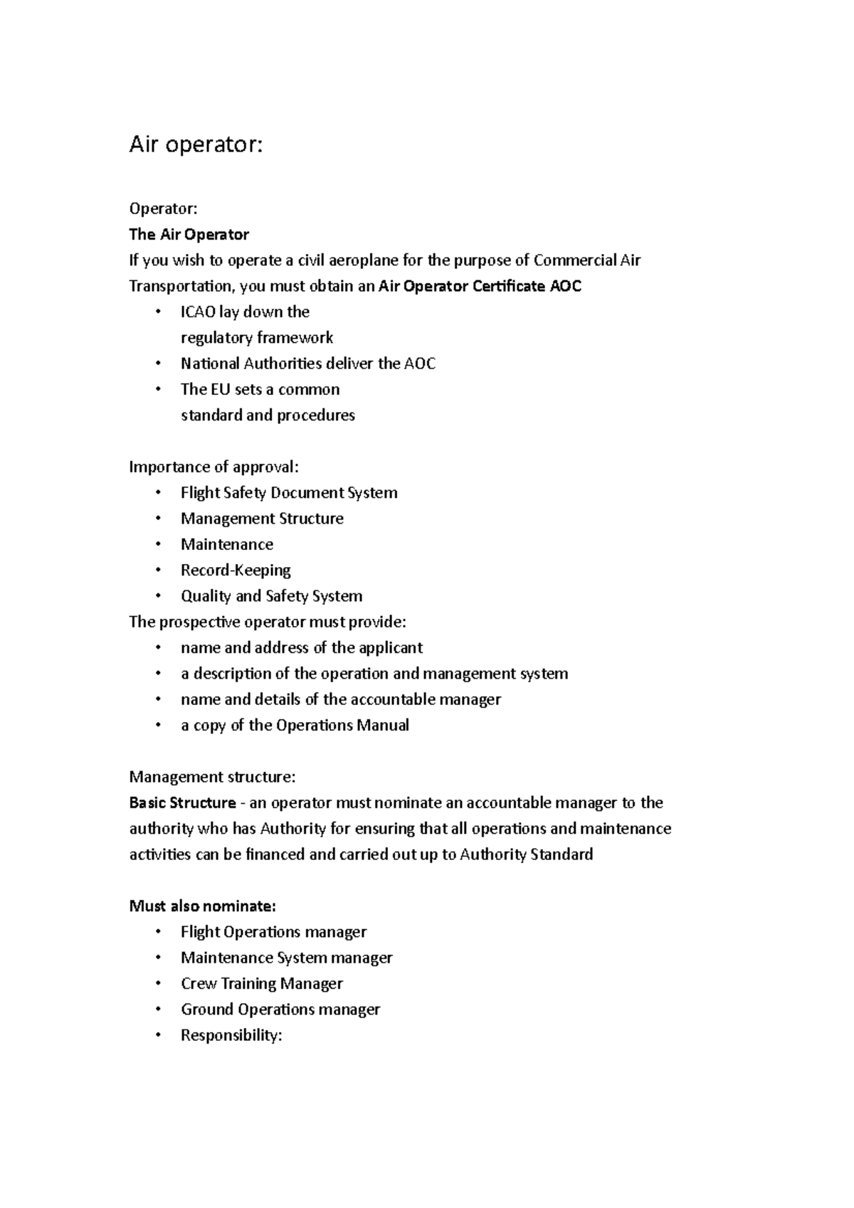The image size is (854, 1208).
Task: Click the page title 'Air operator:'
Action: [196, 145]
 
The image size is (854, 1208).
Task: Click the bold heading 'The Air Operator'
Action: [189, 235]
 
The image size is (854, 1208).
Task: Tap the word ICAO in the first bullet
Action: [198, 312]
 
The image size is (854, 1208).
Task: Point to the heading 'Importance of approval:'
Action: [214, 467]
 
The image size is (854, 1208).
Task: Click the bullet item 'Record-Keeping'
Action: [236, 571]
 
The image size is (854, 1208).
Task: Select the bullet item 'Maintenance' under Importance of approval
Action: [227, 545]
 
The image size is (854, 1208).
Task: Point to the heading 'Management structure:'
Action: [212, 778]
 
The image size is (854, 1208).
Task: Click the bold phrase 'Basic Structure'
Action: [182, 803]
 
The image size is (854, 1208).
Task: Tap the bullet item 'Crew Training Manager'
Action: [262, 984]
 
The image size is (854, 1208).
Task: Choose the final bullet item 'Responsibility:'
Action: [231, 1036]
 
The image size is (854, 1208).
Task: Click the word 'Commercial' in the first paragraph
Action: [574, 260]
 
